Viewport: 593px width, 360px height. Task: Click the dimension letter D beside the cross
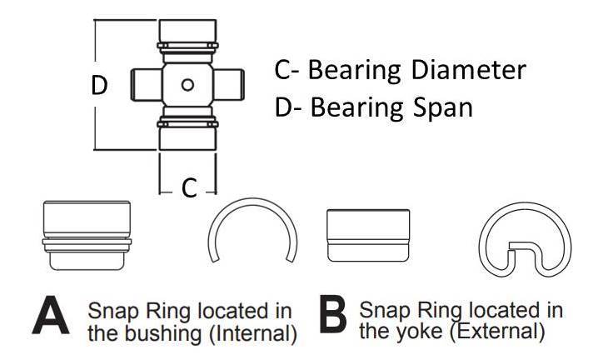99,85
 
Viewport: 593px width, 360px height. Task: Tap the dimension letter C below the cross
189,188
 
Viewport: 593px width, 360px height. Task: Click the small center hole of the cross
187,84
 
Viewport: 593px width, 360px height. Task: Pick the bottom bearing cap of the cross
187,133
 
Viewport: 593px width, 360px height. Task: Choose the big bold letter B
333,322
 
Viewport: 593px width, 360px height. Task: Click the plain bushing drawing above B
366,233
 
